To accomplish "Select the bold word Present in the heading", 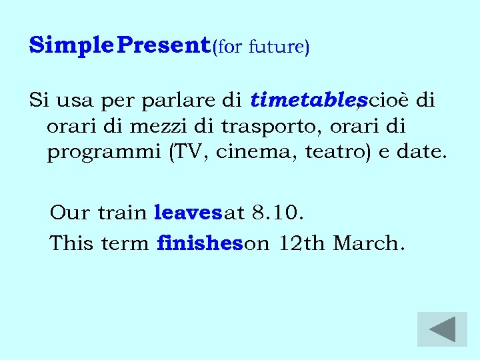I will point(167,45).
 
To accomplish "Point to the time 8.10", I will point(279,213).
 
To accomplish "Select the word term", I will point(125,243).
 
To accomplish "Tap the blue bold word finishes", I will point(199,243).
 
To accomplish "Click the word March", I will point(369,243).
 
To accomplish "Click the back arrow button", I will point(442,329).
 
